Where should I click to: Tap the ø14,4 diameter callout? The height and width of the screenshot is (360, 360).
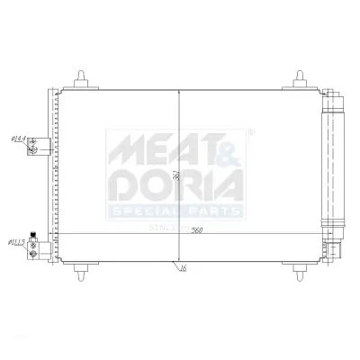click(17, 139)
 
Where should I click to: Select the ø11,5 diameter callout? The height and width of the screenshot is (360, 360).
click(16, 242)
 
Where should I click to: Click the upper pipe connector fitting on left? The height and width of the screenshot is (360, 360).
click(35, 143)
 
